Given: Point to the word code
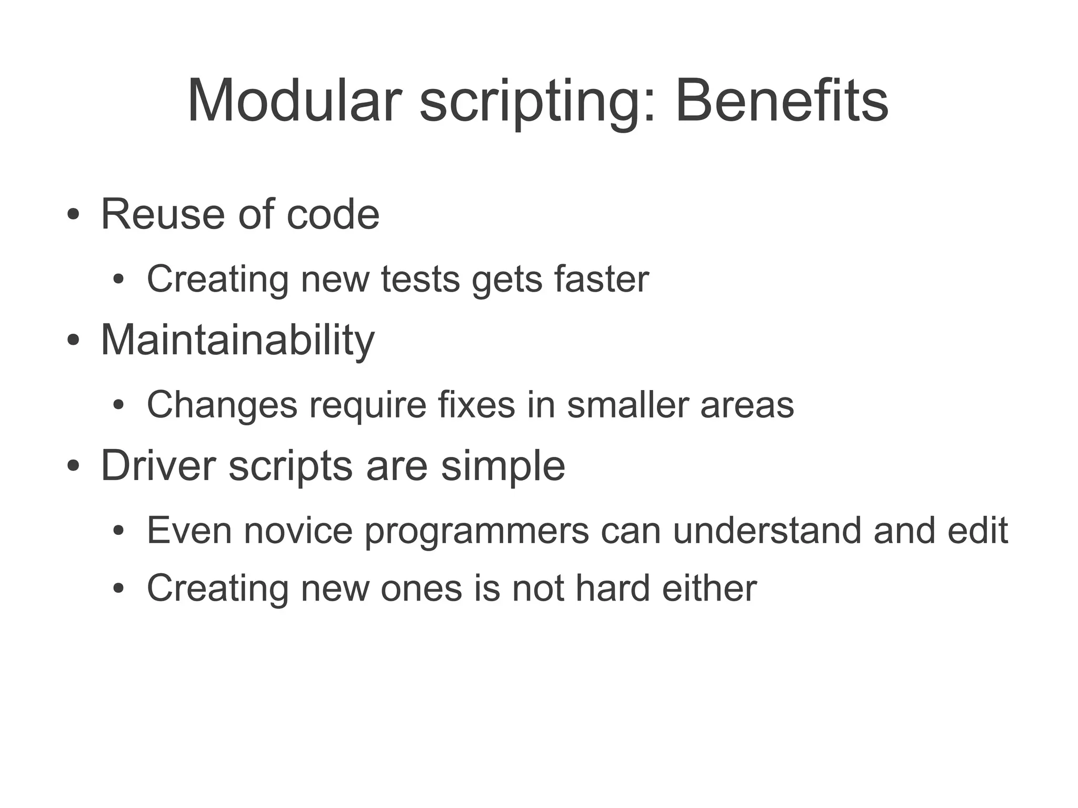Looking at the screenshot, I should (x=333, y=214).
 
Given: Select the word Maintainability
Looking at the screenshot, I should (x=237, y=341).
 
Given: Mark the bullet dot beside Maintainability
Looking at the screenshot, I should (x=73, y=340).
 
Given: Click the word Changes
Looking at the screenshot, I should (x=222, y=405).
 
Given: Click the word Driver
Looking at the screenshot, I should (x=158, y=465).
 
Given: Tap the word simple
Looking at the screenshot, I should (x=503, y=466).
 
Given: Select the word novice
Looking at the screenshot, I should (x=298, y=531).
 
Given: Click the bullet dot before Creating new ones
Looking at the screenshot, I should (x=118, y=588).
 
